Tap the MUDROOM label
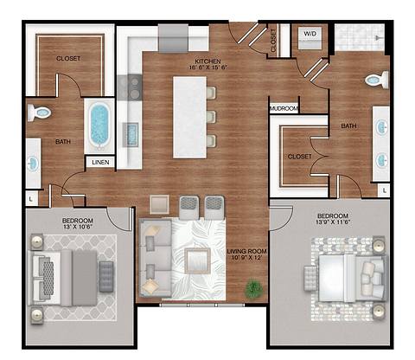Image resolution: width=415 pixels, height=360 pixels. pos(284,109)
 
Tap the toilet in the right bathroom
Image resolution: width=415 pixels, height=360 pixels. pos(374,80)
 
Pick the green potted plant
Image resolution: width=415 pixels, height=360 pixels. pos(254,288)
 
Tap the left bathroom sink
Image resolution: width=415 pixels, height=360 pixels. pos(32,162)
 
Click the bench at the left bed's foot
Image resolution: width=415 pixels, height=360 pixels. pos(106,276)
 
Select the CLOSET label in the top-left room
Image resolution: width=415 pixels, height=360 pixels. pos(69,60)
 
